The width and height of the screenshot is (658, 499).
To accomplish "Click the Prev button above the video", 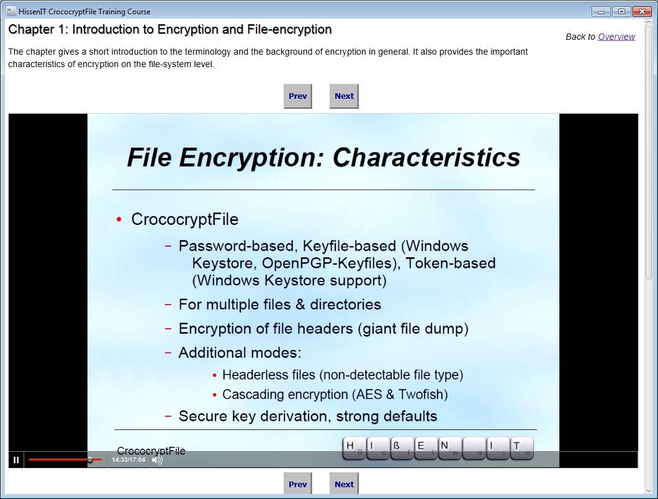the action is coord(298,96).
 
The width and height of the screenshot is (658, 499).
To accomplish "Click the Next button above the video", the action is coord(344,96).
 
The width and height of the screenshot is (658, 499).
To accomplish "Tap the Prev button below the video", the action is coord(298,484).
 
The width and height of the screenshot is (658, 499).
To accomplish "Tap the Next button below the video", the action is coord(344,484).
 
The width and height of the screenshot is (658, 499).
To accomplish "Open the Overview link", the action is coord(616,37).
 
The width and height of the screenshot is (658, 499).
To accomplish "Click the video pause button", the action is coord(16,460).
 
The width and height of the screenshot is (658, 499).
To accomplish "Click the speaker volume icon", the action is coord(158,460).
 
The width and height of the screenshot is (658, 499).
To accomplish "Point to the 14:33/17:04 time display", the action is coord(128,460).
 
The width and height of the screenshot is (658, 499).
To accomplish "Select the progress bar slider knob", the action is coord(90,459).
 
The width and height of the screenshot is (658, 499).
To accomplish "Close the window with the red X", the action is coord(642,11).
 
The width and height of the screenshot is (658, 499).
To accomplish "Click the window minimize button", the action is coord(601,11).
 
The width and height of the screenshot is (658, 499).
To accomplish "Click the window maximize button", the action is coord(621,11).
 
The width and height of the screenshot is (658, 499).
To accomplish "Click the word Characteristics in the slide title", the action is coord(426,157).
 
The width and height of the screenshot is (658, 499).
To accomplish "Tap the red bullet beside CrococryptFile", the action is coord(119,219).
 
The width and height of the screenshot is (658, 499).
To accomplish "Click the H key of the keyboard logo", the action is coord(354,448).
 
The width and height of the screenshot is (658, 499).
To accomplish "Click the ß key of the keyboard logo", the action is coord(402,448).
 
